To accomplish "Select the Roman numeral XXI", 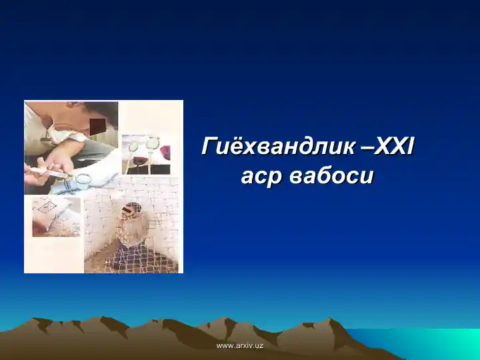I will tap(394, 145).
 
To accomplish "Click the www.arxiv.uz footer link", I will tap(240, 345).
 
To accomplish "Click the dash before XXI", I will tap(366, 147).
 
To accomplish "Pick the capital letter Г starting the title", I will tap(209, 146).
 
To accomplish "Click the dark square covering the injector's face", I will tap(97, 126).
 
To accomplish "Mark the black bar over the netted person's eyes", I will tap(133, 208).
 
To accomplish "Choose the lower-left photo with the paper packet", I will tap(56, 217).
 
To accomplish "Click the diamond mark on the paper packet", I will tap(45, 207).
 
